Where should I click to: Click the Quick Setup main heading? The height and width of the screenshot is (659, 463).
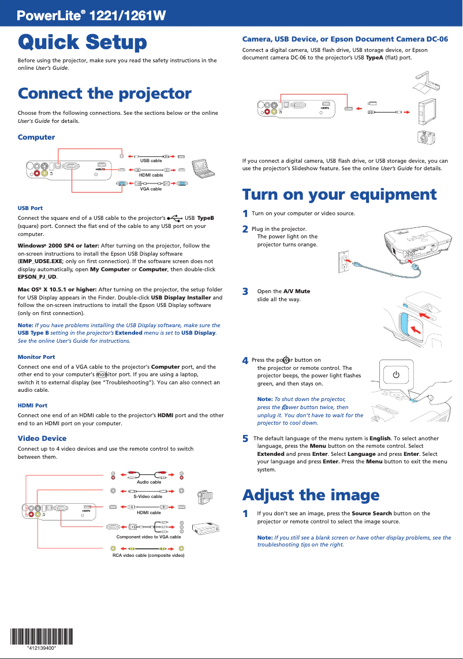click(x=82, y=42)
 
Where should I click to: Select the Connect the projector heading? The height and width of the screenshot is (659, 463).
click(x=104, y=93)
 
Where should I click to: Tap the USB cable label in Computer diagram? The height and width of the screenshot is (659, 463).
click(x=151, y=160)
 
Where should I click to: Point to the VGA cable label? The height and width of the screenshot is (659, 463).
click(x=151, y=189)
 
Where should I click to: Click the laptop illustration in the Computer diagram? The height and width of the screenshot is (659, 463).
click(x=203, y=167)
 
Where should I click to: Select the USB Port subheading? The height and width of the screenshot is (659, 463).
click(x=30, y=208)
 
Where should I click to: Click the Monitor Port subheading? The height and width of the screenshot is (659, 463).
click(x=36, y=357)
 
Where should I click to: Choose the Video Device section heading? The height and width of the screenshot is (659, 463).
click(x=42, y=439)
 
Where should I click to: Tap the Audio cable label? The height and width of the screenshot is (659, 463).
click(x=149, y=482)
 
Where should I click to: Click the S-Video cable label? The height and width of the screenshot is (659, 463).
click(x=148, y=496)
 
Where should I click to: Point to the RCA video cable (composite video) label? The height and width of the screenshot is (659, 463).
click(x=148, y=555)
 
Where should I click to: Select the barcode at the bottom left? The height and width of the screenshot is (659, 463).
click(x=42, y=637)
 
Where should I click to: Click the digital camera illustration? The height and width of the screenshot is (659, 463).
click(x=425, y=138)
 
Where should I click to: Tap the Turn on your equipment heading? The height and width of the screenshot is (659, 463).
click(x=339, y=194)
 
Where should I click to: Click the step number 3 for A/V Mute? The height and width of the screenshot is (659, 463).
click(x=245, y=291)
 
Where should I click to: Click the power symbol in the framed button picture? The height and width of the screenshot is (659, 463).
click(x=396, y=375)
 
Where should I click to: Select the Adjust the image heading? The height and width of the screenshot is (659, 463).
click(x=311, y=495)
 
